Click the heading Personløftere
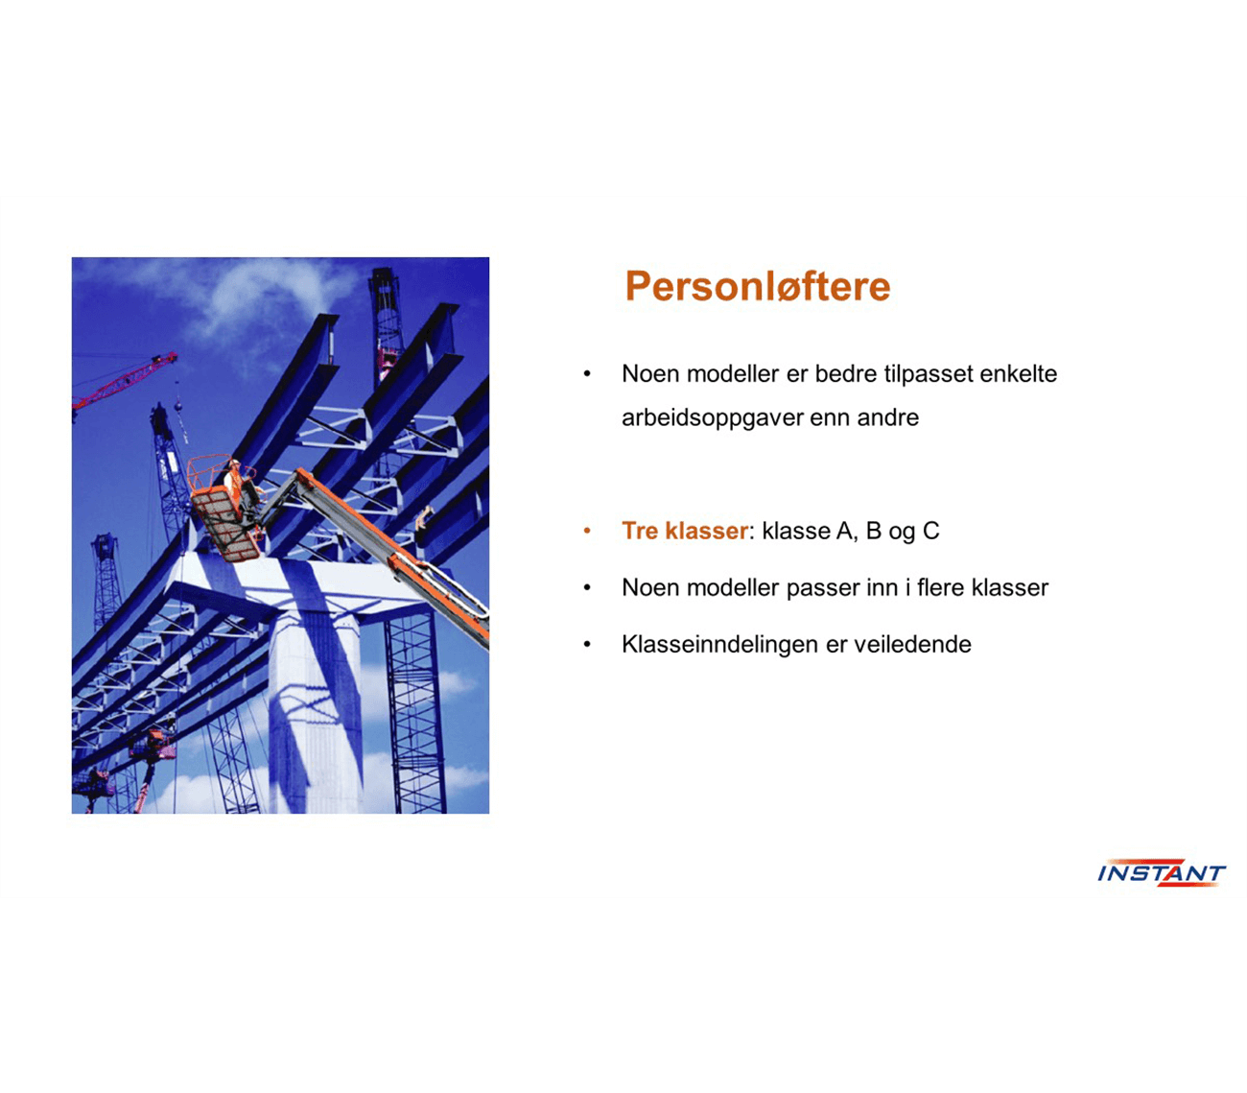coord(757,287)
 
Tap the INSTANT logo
coord(1161,872)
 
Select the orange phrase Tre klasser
coord(685,531)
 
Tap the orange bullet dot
coord(587,531)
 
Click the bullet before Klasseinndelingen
coord(587,645)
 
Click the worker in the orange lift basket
coord(234,481)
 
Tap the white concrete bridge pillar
coord(316,708)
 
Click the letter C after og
coord(930,531)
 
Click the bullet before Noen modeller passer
coord(587,588)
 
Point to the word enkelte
coord(1018,374)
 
